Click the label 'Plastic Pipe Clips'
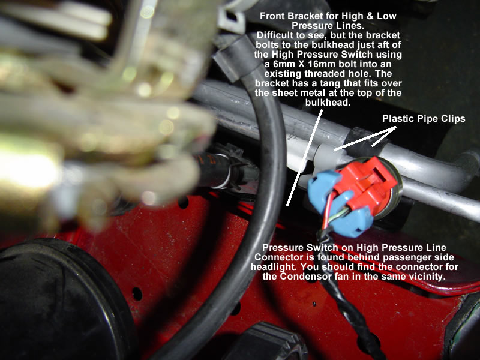coord(424,119)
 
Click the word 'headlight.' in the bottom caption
coord(274,267)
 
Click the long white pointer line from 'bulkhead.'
coord(305,158)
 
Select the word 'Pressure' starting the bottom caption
coord(281,247)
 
